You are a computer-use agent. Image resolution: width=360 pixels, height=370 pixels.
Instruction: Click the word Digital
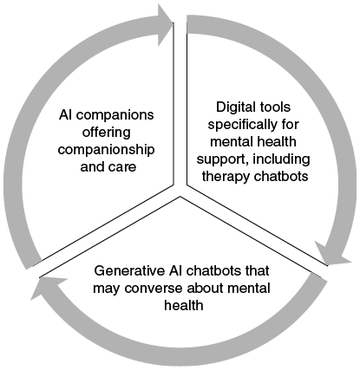pyautogui.click(x=233, y=107)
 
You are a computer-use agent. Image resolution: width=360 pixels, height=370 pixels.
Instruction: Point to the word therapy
pyautogui.click(x=223, y=177)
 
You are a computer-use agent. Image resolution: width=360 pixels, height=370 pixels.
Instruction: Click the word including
pyautogui.click(x=281, y=159)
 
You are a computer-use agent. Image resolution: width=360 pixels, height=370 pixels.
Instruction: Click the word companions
pyautogui.click(x=115, y=115)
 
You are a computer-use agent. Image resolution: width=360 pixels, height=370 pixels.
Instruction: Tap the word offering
pyautogui.click(x=107, y=133)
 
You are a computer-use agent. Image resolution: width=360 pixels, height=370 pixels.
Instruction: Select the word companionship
pyautogui.click(x=106, y=150)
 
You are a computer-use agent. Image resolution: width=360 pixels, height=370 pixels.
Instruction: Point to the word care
pyautogui.click(x=122, y=168)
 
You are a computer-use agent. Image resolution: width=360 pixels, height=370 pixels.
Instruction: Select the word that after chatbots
pyautogui.click(x=258, y=271)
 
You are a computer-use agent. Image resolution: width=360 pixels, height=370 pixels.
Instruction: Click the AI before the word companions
pyautogui.click(x=66, y=115)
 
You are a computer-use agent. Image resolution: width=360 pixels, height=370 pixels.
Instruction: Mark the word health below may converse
pyautogui.click(x=184, y=306)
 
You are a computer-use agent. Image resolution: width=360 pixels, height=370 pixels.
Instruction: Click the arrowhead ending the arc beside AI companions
pyautogui.click(x=166, y=25)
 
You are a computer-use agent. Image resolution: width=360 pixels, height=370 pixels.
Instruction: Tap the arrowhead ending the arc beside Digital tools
pyautogui.click(x=332, y=254)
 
